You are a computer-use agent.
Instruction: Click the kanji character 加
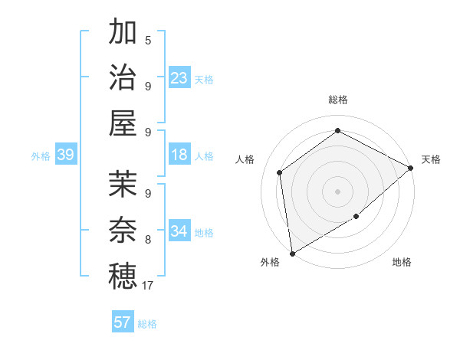pyautogui.click(x=122, y=33)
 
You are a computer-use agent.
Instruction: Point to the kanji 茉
pyautogui.click(x=122, y=185)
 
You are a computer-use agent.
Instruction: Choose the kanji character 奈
pyautogui.click(x=122, y=230)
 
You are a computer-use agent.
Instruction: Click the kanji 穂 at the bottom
pyautogui.click(x=122, y=276)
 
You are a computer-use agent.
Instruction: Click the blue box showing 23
pyautogui.click(x=179, y=78)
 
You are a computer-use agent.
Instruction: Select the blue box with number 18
pyautogui.click(x=179, y=155)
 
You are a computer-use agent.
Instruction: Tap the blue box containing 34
pyautogui.click(x=179, y=231)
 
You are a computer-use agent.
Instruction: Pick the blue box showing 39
pyautogui.click(x=65, y=155)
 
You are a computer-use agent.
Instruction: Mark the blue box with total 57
pyautogui.click(x=122, y=322)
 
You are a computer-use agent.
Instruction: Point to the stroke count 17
pyautogui.click(x=149, y=286)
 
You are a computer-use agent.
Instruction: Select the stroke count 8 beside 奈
pyautogui.click(x=148, y=240)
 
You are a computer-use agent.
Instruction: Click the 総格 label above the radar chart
pyautogui.click(x=337, y=100)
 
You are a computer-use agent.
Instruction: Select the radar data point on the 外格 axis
pyautogui.click(x=292, y=254)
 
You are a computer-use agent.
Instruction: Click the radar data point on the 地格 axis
pyautogui.click(x=356, y=217)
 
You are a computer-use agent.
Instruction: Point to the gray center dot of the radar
pyautogui.click(x=337, y=191)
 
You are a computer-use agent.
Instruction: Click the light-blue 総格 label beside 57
pyautogui.click(x=147, y=324)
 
